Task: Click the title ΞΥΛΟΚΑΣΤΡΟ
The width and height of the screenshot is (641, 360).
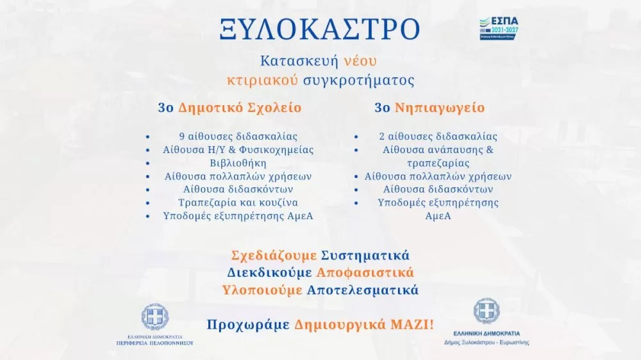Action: coord(319,29)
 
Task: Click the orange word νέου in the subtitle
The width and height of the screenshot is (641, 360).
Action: coord(360,61)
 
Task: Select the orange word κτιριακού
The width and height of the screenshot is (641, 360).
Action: coord(256,81)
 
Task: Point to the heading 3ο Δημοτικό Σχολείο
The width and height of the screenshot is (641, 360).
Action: coord(229,108)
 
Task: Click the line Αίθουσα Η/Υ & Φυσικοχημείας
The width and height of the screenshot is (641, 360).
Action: coord(238,150)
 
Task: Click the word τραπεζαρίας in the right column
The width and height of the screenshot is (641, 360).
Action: coord(438,163)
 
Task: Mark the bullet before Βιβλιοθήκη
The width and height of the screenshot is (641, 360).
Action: coord(148,163)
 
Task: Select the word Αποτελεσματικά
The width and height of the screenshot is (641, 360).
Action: coord(363,290)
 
